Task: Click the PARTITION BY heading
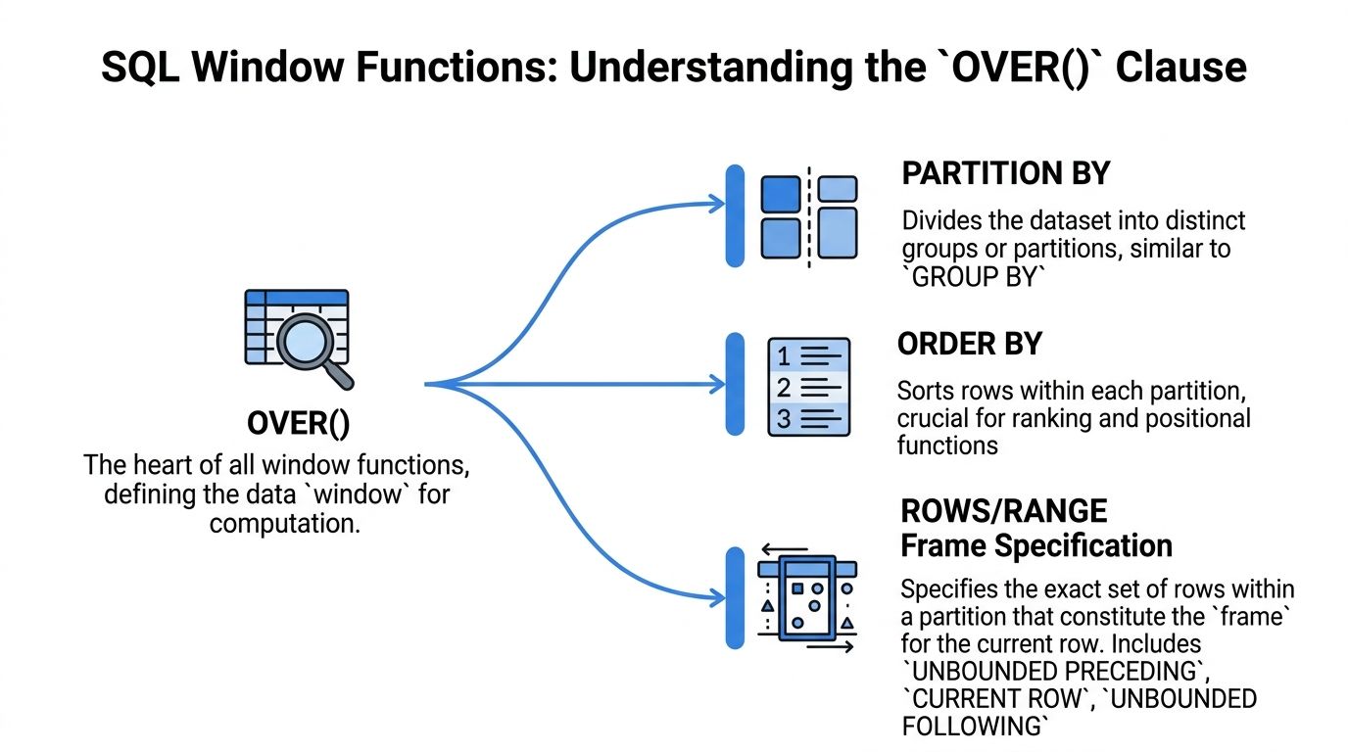click(1005, 174)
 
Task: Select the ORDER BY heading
click(969, 344)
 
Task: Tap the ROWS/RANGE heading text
click(1004, 511)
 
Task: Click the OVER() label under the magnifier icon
click(298, 424)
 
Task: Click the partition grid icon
click(808, 216)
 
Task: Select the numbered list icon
click(809, 386)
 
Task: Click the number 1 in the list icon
click(783, 354)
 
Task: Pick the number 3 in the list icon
click(783, 419)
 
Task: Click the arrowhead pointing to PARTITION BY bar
click(716, 204)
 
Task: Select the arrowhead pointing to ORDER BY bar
click(716, 384)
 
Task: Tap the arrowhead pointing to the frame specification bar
click(716, 595)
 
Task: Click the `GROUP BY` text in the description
click(973, 277)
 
